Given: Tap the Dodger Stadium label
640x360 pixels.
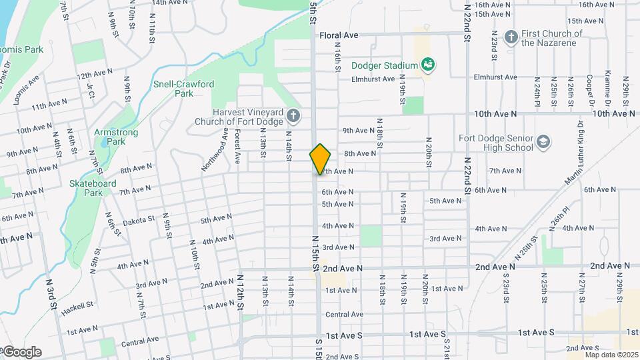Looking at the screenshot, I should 385,65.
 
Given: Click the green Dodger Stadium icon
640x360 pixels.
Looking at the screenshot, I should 428,65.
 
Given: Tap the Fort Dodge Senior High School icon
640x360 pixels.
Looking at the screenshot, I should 543,141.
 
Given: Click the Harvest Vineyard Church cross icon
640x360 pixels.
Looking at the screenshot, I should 293,117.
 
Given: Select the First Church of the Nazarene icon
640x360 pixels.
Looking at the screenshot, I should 511,37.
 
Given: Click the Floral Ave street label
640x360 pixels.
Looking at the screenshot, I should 339,35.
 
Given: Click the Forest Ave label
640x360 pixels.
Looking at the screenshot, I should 237,147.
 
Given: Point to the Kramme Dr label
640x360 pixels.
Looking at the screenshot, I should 608,89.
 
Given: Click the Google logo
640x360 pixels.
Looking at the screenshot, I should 21,352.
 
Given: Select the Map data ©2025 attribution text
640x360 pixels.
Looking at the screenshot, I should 611,355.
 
